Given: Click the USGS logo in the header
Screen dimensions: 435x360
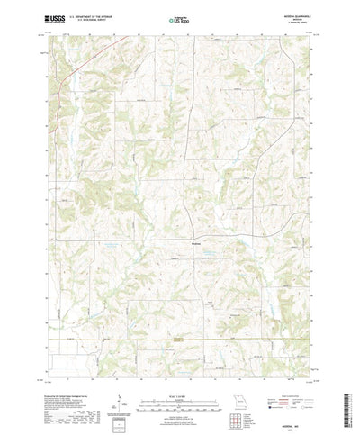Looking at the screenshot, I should (x=51, y=17).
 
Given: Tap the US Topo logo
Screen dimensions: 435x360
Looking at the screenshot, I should (x=180, y=17).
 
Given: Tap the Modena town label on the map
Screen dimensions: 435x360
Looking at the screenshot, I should (x=197, y=240).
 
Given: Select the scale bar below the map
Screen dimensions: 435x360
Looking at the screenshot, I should (x=180, y=373).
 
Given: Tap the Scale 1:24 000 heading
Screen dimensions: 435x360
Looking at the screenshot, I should (x=180, y=365).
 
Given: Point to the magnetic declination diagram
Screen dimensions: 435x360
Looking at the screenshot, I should (x=119, y=373).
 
